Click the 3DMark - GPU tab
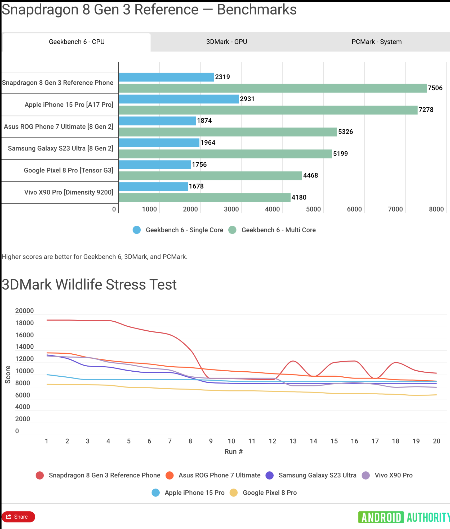[226, 42]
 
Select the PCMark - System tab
[376, 42]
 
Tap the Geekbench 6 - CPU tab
[77, 42]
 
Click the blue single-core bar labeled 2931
[179, 99]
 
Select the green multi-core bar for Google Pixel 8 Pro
[210, 176]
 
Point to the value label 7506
[435, 88]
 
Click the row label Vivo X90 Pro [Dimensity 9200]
[69, 192]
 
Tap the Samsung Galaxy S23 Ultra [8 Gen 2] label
[60, 148]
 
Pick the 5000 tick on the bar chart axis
[313, 209]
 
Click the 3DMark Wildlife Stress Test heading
[89, 285]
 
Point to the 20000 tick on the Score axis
[24, 311]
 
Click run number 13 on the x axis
[293, 441]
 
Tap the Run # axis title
[233, 452]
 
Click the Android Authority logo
[404, 517]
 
